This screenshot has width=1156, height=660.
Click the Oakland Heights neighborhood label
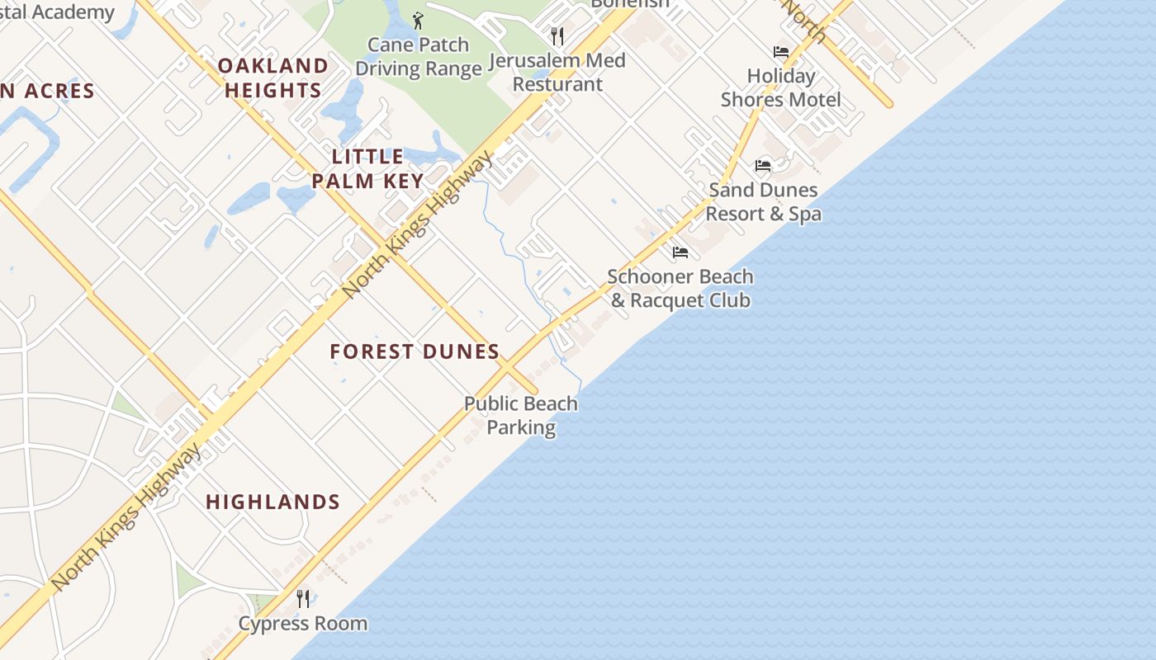272,78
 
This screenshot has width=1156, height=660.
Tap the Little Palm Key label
368,168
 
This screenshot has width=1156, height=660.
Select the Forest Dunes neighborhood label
415,351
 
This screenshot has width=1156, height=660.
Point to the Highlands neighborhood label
272,502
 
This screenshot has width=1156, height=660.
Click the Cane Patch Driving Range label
419,57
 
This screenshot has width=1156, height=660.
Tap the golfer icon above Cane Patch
418,21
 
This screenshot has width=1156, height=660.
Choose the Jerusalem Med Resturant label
557,72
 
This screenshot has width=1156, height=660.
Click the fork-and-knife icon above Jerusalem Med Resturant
557,35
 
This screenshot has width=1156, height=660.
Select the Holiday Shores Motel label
780,87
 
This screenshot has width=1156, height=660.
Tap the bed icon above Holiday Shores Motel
780,52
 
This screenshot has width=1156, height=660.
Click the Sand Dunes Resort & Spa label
763,201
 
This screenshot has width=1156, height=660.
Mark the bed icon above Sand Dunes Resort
763,166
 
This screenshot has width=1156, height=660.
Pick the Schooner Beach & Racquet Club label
680,288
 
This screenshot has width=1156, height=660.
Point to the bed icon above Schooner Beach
680,252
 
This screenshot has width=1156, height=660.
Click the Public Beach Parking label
520,415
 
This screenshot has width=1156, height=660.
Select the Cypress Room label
302,623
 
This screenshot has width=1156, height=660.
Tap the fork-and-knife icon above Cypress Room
303,598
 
